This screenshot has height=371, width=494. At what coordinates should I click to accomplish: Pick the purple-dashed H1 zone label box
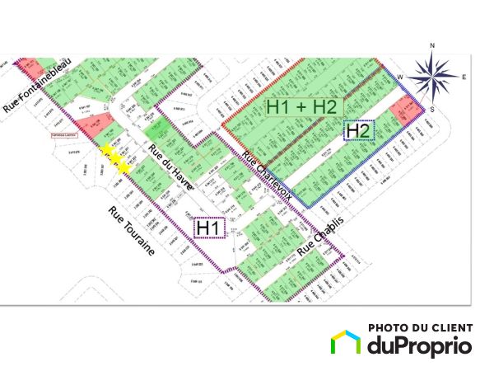pyautogui.click(x=210, y=227)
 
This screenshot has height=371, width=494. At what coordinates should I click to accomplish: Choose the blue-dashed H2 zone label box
pyautogui.click(x=358, y=130)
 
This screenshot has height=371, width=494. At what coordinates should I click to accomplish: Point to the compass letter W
pyautogui.click(x=402, y=77)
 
